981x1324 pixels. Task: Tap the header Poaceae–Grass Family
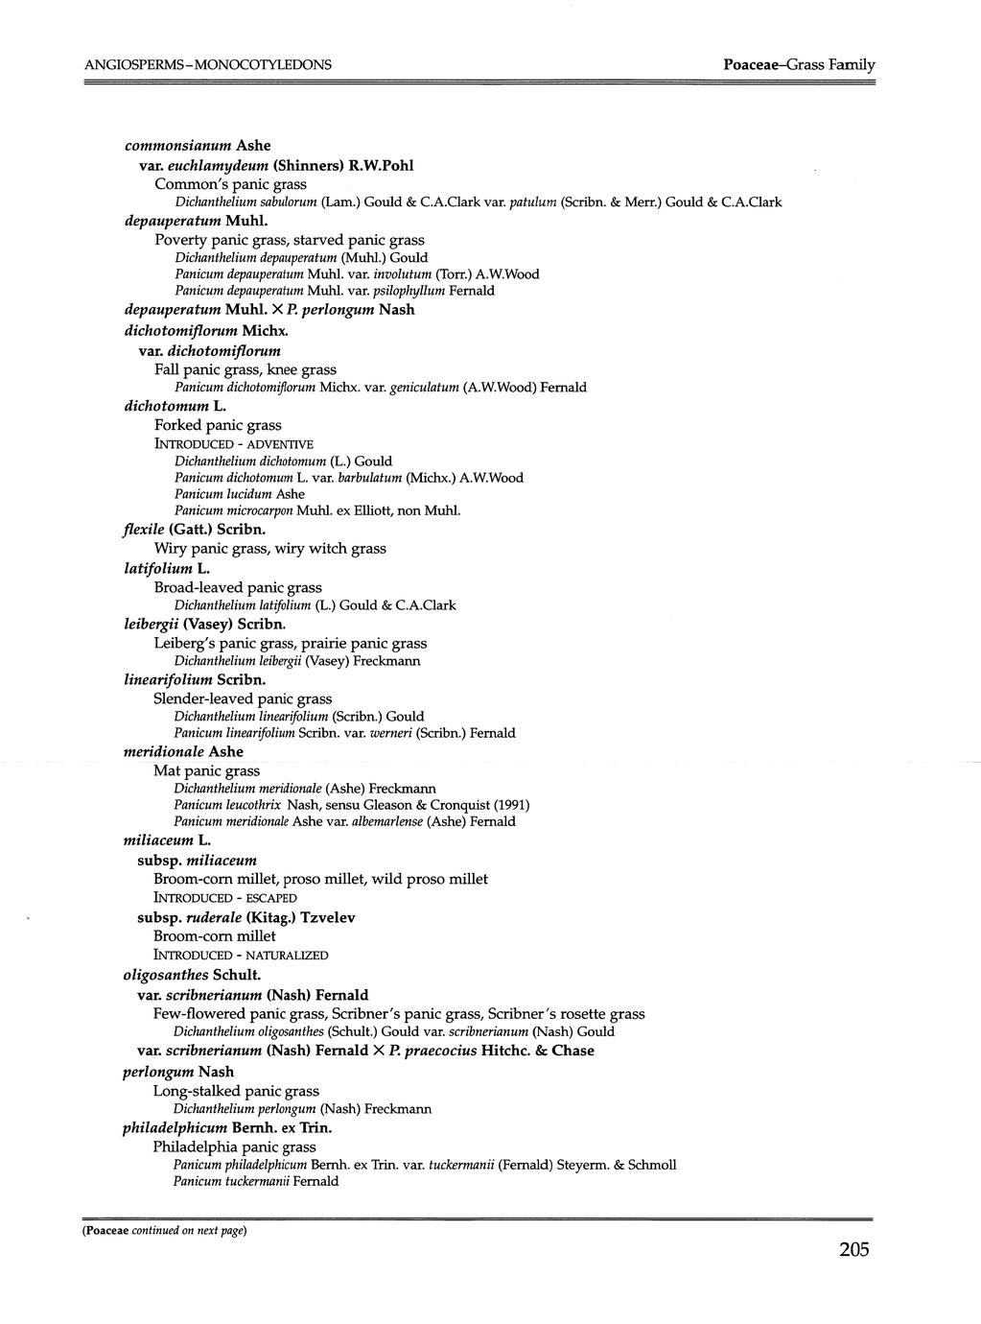point(799,64)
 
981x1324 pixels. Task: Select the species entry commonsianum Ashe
point(198,146)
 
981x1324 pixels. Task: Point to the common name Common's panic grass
point(230,183)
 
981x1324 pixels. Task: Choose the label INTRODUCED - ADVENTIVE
point(233,444)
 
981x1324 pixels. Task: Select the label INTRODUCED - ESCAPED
point(225,898)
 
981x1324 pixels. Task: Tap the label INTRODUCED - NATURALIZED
point(241,956)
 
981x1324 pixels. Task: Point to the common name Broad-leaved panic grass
point(238,587)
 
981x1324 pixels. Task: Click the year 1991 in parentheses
point(509,805)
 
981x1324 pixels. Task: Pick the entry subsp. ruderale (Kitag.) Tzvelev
point(246,917)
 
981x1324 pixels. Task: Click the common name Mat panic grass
point(206,770)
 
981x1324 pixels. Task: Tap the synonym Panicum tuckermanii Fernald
point(256,1182)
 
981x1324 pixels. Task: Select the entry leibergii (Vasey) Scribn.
point(205,624)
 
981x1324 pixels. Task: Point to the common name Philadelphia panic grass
point(234,1147)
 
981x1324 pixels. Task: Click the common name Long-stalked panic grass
point(236,1091)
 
